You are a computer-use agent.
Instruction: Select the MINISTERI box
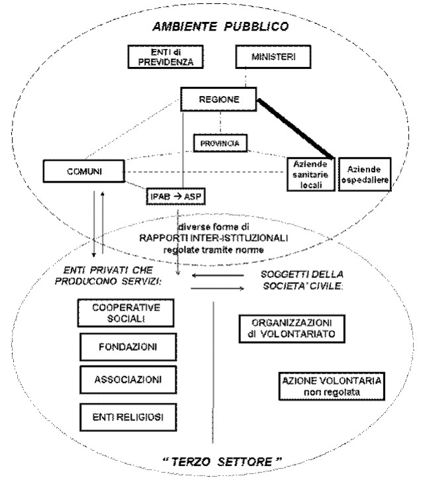click(273, 57)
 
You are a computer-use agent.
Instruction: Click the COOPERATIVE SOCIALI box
click(121, 313)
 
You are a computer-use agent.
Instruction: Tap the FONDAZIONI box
click(121, 346)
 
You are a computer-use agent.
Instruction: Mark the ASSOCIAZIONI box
click(121, 381)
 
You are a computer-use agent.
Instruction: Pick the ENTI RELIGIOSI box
click(121, 416)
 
